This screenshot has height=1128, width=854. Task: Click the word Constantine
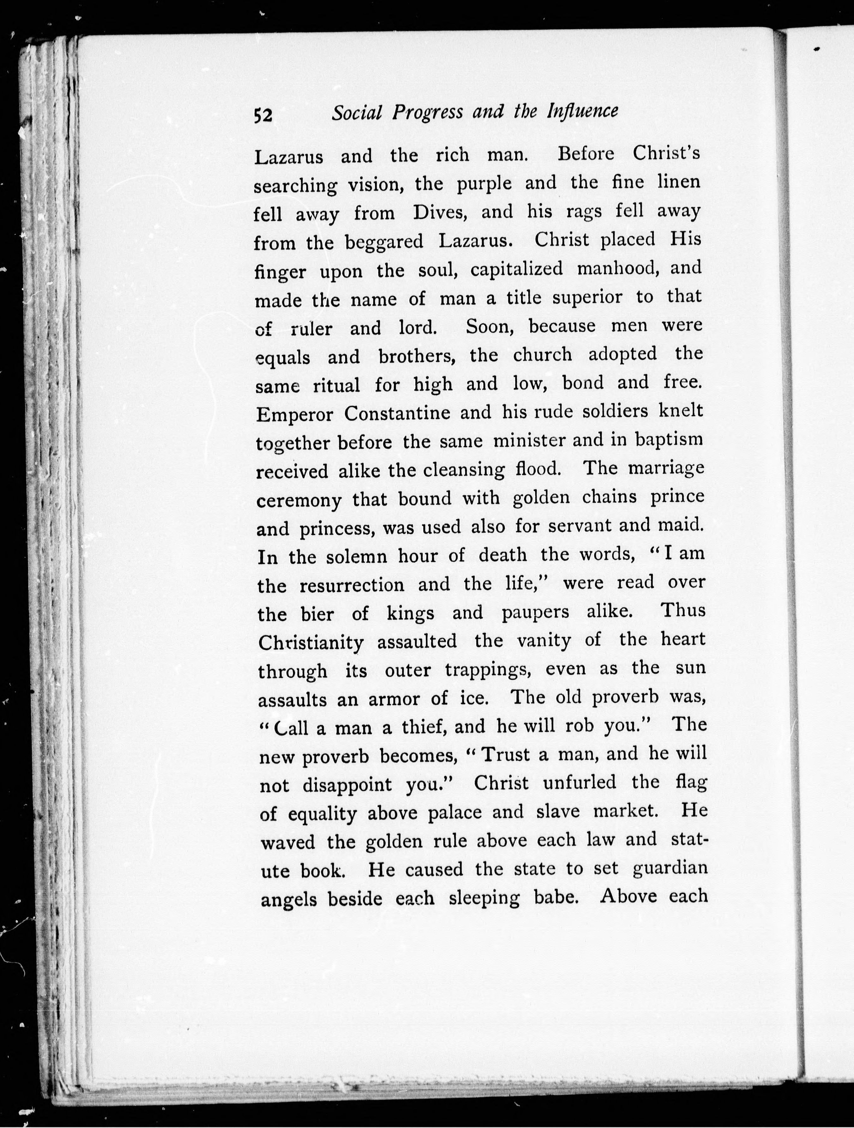397,413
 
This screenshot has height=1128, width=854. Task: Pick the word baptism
669,439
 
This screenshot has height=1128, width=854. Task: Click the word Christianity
311,642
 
